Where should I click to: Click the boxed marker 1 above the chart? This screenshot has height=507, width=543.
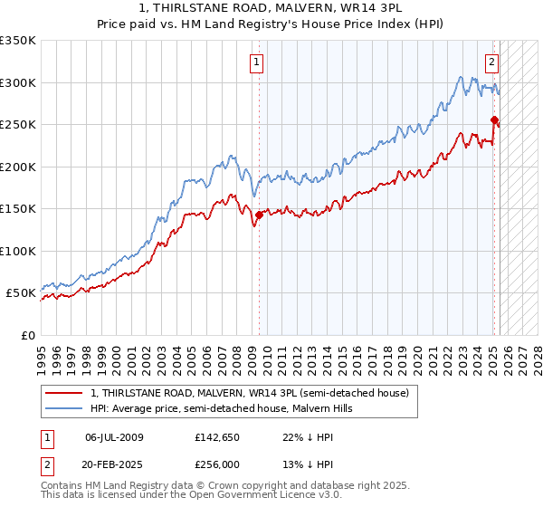257,62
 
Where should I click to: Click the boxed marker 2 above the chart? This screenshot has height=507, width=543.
491,62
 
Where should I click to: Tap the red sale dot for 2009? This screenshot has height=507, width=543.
259,215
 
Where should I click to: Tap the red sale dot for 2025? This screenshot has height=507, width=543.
494,120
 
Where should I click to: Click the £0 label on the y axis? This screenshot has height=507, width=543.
26,335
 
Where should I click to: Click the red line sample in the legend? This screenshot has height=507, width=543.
64,393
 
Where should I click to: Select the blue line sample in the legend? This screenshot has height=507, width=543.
64,408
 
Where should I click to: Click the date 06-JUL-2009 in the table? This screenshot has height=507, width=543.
114,436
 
